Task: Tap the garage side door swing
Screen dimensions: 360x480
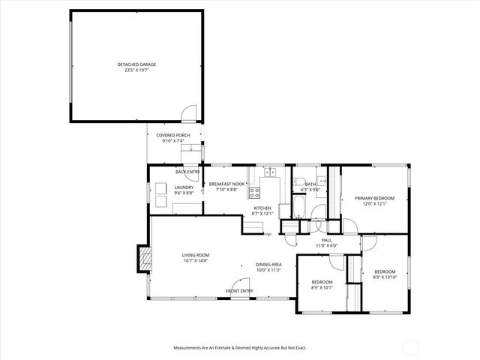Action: pos(190,112)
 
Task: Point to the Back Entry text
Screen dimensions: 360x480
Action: pos(187,172)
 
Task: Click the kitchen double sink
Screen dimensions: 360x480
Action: pos(270,172)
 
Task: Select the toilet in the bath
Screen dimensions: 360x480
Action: pos(298,181)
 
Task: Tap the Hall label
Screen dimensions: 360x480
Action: pos(326,242)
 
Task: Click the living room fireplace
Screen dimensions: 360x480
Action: pos(140,259)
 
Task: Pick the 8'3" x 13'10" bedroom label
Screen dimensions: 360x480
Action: pos(385,274)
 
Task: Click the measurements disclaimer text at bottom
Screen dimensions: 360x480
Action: pos(240,348)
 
